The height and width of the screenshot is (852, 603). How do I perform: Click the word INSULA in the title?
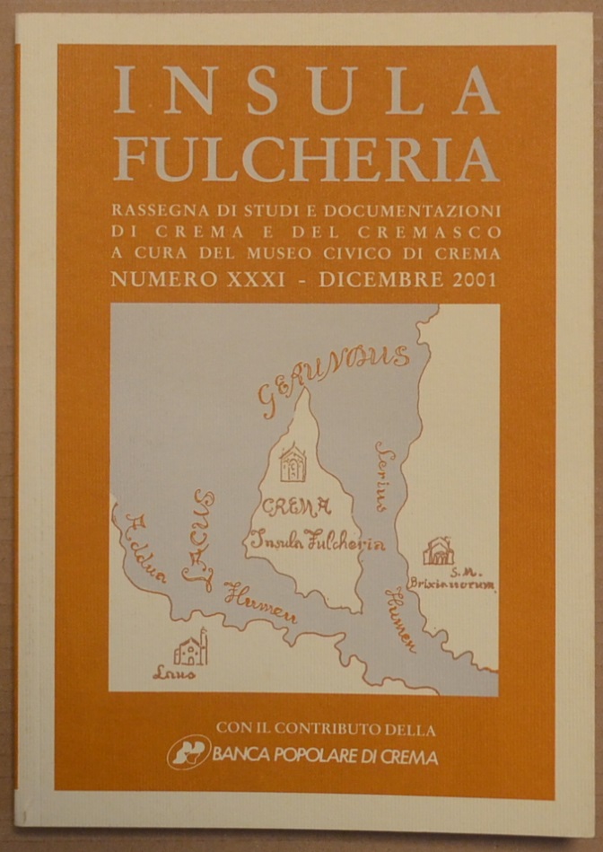click(306, 92)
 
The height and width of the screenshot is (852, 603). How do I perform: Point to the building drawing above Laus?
click(190, 648)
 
